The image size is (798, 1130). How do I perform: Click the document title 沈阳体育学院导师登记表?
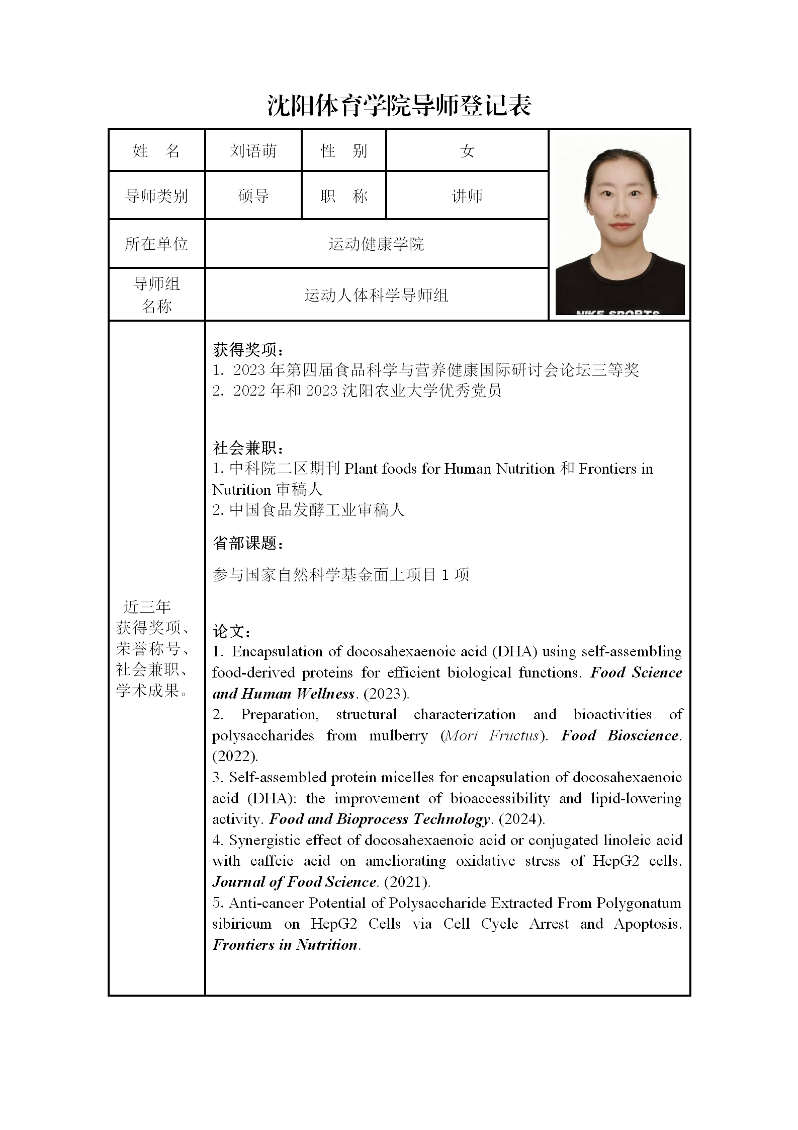point(399,106)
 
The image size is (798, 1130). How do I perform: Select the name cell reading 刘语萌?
point(253,150)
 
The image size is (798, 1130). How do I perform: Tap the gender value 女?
point(467,150)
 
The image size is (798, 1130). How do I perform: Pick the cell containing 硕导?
point(253,196)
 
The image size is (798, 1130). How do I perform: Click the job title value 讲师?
point(467,196)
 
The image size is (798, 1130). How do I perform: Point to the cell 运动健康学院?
point(376,244)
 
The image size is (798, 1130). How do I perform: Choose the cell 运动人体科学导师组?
point(376,295)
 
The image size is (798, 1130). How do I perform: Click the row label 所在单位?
point(156,244)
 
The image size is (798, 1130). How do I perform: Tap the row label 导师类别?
point(156,196)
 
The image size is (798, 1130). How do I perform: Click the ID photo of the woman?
point(619,224)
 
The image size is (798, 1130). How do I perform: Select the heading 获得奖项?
point(248,349)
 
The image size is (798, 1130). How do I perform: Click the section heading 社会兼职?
point(248,447)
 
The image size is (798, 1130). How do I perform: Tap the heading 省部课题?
point(248,543)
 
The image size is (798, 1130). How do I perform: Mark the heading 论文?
point(232,631)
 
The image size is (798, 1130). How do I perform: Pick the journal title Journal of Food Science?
point(295,882)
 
